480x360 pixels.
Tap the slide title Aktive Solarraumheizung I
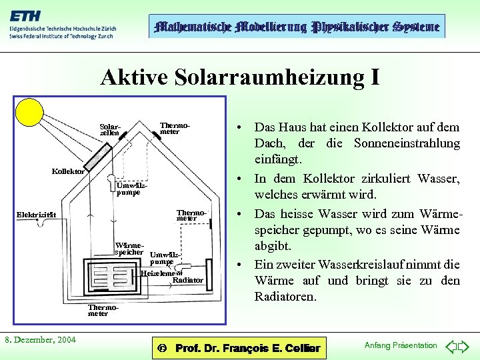[240, 78]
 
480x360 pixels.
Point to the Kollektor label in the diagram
[68, 171]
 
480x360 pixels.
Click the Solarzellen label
[110, 129]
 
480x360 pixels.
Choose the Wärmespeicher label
[129, 249]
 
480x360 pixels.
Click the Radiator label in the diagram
[187, 280]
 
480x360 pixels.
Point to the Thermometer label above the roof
[175, 128]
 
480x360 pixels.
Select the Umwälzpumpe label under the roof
[128, 189]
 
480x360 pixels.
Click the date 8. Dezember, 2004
[40, 340]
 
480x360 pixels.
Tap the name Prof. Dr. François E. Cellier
[247, 348]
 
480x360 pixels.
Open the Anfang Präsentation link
[401, 345]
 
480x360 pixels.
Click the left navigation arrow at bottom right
[451, 346]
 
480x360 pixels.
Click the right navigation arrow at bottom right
[465, 346]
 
